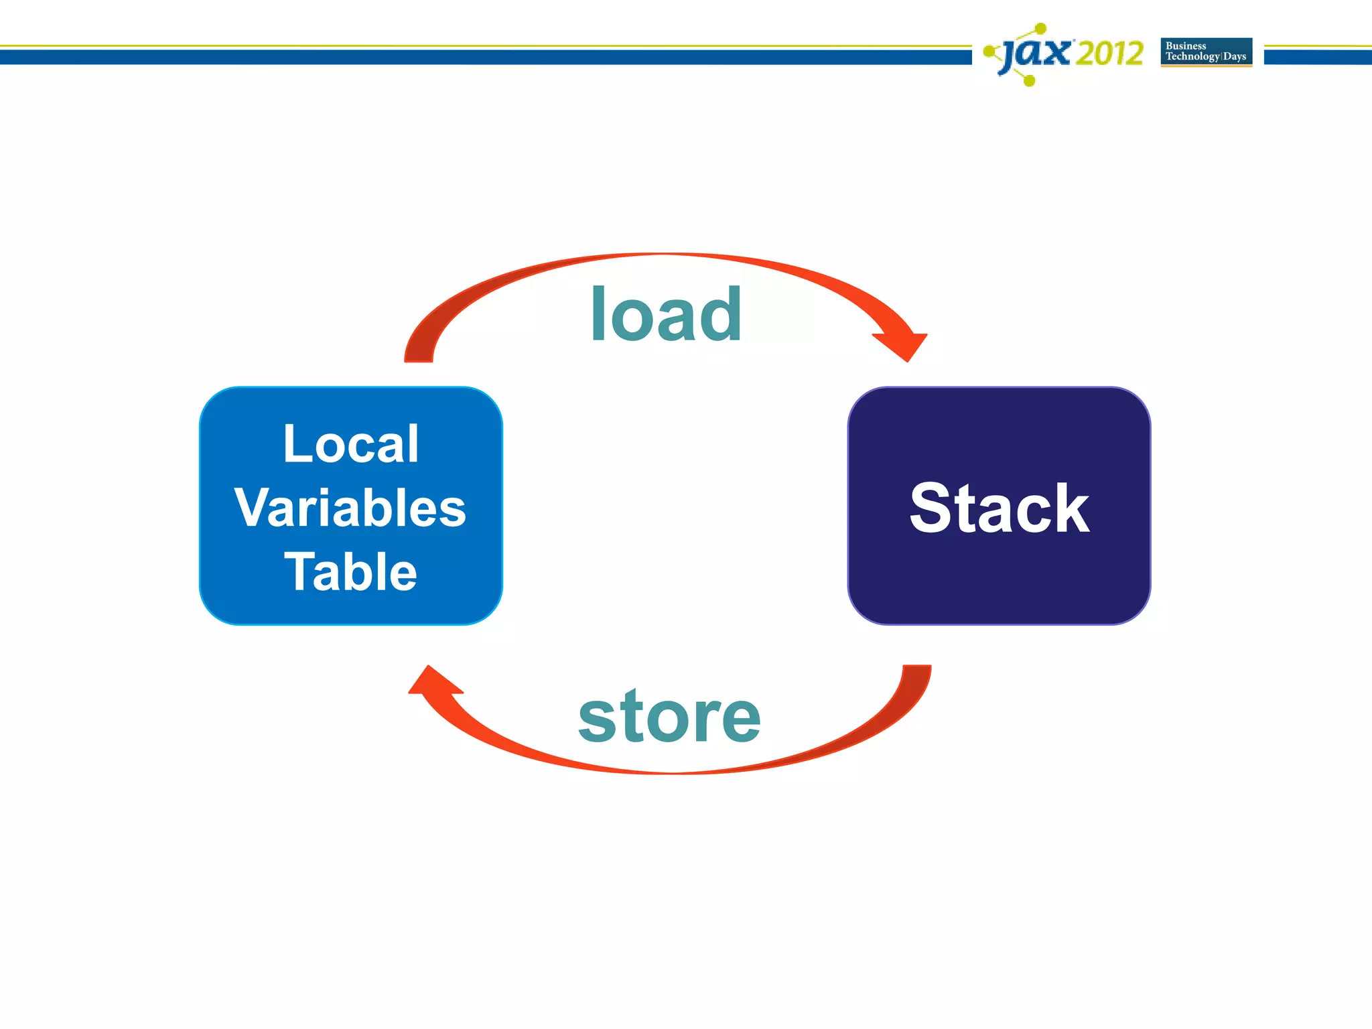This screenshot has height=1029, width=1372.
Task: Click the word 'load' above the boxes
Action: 666,314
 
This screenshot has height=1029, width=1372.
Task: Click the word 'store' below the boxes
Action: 669,717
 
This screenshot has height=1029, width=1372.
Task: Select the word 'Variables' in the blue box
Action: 350,508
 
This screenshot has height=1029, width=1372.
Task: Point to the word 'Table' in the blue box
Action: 351,571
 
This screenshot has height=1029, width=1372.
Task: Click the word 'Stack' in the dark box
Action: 999,508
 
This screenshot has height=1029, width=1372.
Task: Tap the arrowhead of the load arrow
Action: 904,345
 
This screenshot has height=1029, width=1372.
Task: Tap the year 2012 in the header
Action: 1109,53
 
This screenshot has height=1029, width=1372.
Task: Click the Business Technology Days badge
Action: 1206,52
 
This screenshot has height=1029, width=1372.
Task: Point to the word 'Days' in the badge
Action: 1235,57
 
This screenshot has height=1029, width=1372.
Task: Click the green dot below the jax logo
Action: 1030,82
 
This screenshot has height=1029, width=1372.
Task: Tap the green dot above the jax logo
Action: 1040,28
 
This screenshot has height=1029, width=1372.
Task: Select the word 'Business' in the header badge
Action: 1186,46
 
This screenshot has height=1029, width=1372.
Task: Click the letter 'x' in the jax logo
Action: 1058,52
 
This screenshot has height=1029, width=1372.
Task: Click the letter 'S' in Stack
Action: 931,508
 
